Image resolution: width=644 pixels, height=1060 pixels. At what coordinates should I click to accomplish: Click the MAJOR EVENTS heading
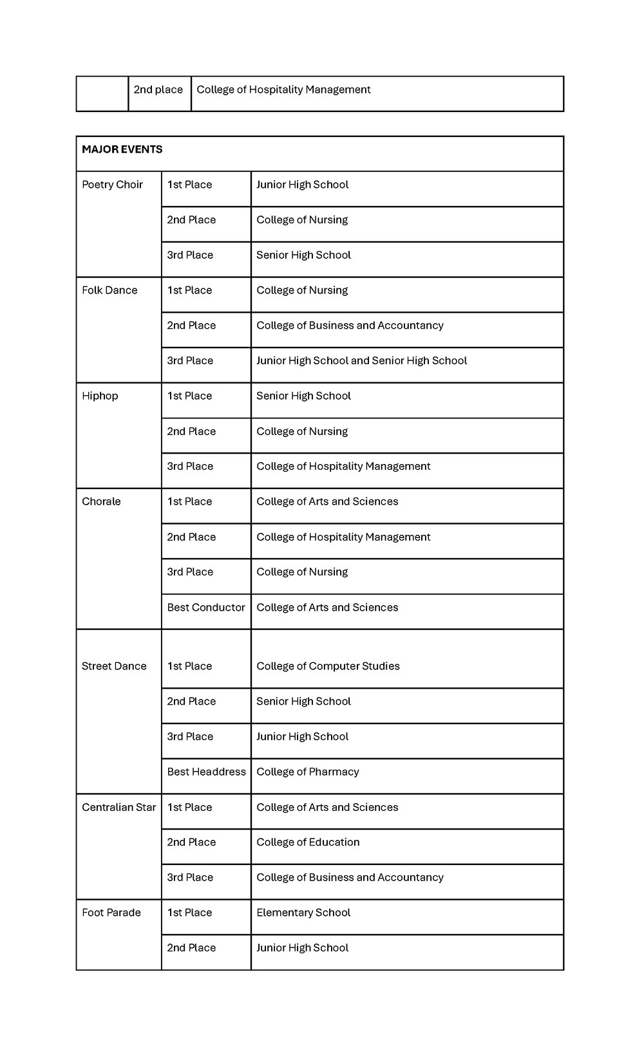pyautogui.click(x=122, y=149)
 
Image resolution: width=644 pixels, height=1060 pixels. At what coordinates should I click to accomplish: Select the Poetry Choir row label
pyautogui.click(x=112, y=185)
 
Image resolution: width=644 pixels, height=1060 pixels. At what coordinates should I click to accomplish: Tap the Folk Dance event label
pyautogui.click(x=109, y=290)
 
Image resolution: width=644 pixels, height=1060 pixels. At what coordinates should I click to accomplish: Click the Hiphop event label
pyautogui.click(x=100, y=396)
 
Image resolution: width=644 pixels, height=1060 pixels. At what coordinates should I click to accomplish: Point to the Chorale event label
pyautogui.click(x=101, y=501)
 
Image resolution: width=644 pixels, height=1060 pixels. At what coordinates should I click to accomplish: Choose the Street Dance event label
pyautogui.click(x=114, y=666)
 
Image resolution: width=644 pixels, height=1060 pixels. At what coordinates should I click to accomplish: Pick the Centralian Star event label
pyautogui.click(x=118, y=807)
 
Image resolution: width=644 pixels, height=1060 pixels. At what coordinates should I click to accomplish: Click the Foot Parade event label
pyautogui.click(x=111, y=913)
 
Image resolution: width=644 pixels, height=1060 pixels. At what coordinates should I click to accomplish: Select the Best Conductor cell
pyautogui.click(x=206, y=608)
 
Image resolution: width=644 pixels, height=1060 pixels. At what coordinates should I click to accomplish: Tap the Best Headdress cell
pyautogui.click(x=206, y=772)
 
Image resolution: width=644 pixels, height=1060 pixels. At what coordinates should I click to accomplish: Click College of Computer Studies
pyautogui.click(x=328, y=666)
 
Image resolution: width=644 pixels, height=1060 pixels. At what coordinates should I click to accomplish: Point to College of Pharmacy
pyautogui.click(x=307, y=772)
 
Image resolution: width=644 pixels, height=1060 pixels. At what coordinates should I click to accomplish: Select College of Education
pyautogui.click(x=308, y=842)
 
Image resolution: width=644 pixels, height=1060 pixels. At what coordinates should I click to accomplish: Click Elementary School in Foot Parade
pyautogui.click(x=303, y=913)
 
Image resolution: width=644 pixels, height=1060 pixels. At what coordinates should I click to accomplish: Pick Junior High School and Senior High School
pyautogui.click(x=361, y=361)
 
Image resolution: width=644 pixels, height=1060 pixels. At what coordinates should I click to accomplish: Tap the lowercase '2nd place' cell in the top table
pyautogui.click(x=158, y=90)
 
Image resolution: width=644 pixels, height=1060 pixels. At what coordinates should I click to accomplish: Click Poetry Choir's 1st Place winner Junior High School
pyautogui.click(x=302, y=185)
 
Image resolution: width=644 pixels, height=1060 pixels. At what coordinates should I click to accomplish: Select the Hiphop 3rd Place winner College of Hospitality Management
pyautogui.click(x=343, y=467)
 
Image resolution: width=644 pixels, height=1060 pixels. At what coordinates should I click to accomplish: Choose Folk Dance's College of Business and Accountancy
pyautogui.click(x=350, y=326)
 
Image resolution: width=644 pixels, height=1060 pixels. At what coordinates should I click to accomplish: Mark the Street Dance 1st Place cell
pyautogui.click(x=189, y=666)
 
